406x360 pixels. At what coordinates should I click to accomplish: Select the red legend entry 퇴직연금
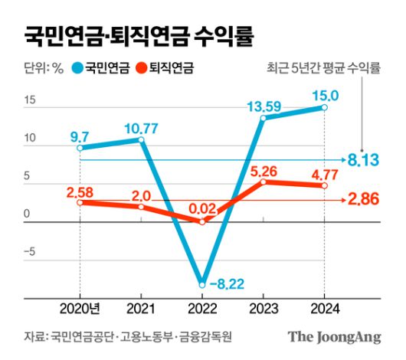[170, 69]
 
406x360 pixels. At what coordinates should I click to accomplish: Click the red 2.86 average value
[366, 200]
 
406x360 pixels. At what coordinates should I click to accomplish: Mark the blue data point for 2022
[201, 281]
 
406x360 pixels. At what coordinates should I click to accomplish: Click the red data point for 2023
[263, 182]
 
